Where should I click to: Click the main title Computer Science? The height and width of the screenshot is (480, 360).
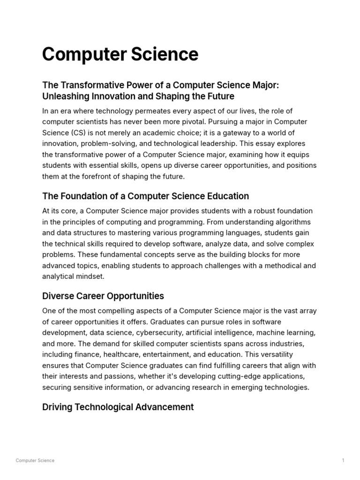click(120, 54)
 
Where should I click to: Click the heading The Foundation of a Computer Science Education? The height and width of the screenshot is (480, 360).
click(145, 196)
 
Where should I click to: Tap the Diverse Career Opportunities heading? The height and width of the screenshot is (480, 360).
click(103, 296)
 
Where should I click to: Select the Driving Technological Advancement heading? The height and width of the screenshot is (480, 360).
click(118, 407)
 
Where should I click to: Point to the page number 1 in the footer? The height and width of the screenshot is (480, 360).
click(343, 460)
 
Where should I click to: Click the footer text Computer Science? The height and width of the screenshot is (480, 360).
click(35, 460)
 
